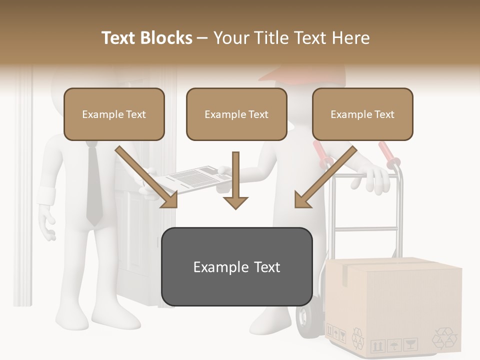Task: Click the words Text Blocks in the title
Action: click(x=146, y=38)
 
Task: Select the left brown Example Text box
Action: click(x=114, y=114)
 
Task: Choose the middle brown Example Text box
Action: click(x=236, y=114)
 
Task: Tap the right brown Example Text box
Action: click(x=362, y=114)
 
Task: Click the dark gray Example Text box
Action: click(x=236, y=266)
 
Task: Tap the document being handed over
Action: click(x=195, y=179)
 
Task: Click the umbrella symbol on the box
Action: click(x=394, y=344)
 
